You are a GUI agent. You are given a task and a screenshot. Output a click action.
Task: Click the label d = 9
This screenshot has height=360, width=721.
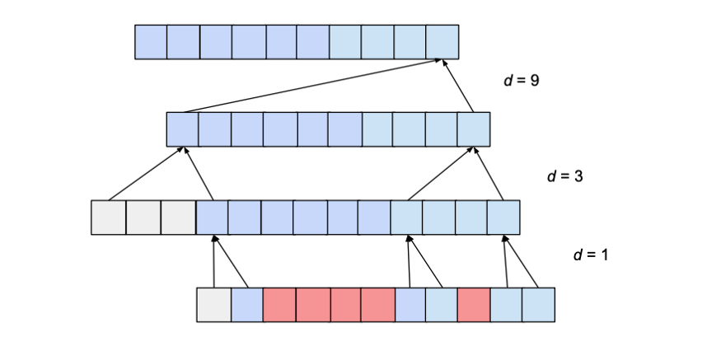tap(521, 81)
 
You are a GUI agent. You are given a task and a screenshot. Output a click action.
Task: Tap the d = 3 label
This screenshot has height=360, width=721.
tap(565, 175)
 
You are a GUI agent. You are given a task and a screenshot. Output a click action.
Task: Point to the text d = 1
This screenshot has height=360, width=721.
tap(591, 255)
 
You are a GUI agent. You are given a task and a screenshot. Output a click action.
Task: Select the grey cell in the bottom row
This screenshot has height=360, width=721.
tap(213, 305)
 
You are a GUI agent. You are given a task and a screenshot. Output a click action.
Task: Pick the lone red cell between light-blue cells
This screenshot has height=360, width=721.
tap(474, 305)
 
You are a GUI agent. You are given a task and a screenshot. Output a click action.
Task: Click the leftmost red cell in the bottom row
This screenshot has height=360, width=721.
tap(279, 305)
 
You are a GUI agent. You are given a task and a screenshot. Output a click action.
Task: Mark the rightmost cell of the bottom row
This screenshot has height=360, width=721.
tap(538, 305)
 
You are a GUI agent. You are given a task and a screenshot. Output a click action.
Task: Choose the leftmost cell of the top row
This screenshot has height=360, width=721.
tap(151, 42)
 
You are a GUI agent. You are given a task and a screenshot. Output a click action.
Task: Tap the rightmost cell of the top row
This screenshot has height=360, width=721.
tap(442, 42)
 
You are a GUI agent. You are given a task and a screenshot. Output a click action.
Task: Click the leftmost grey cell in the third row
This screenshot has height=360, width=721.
tap(108, 217)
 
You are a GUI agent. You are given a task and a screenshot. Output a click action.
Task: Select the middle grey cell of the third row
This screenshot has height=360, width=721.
tap(143, 217)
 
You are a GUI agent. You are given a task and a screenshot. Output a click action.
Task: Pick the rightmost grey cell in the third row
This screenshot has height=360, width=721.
tap(178, 217)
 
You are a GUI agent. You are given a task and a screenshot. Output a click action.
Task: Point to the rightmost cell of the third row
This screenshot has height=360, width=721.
tap(503, 217)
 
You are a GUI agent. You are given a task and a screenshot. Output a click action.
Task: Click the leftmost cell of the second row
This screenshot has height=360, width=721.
tap(183, 129)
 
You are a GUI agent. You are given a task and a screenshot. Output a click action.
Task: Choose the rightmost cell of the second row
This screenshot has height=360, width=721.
tap(474, 129)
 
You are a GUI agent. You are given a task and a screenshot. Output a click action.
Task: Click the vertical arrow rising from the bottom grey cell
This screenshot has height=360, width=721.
tap(214, 261)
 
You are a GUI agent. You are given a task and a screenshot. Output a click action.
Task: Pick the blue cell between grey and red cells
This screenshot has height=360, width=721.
tap(246, 305)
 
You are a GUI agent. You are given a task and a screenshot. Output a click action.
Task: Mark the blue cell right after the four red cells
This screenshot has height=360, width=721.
tap(410, 305)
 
